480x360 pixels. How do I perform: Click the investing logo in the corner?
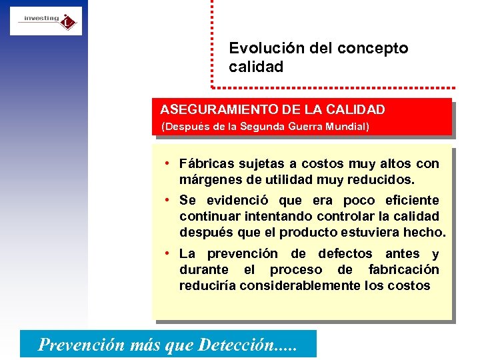tap(46, 21)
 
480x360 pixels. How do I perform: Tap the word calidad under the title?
tap(256, 67)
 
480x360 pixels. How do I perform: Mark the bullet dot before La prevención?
tap(171, 253)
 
